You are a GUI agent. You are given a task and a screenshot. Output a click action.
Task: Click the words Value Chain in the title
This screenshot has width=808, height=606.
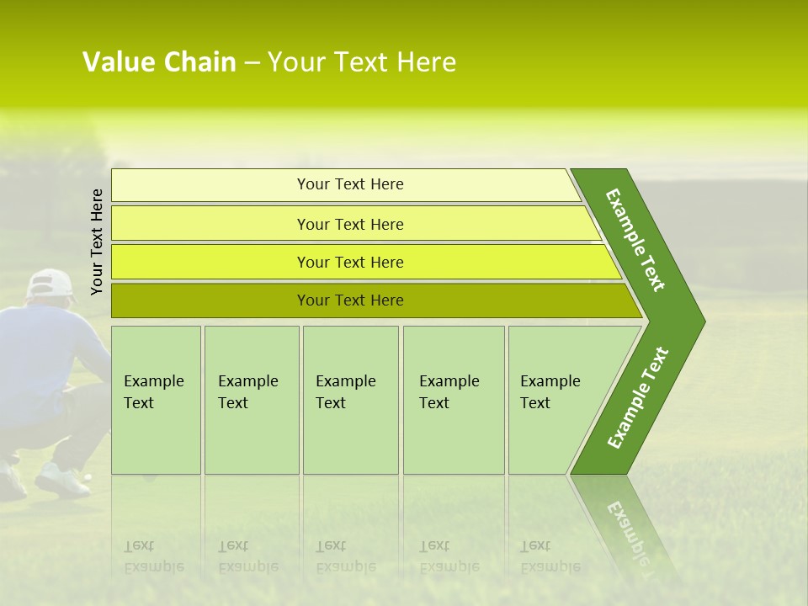[x=159, y=62]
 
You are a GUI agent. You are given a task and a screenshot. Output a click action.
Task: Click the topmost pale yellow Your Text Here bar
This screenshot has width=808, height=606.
[x=350, y=184]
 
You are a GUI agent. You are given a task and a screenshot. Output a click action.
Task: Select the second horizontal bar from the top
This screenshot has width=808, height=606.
[x=350, y=224]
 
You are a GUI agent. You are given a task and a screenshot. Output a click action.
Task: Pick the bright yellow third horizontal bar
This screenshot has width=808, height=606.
[x=350, y=262]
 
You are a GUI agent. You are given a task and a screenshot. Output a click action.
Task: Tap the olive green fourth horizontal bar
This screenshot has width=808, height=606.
[x=350, y=300]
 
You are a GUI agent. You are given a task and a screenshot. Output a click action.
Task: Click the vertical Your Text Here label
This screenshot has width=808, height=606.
[x=97, y=242]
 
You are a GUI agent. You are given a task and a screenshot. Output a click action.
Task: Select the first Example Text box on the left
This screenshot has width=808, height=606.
[x=156, y=400]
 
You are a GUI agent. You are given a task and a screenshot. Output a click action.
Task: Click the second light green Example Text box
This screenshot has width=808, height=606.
[x=251, y=400]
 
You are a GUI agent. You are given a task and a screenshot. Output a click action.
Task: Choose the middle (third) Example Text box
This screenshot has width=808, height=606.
[x=350, y=400]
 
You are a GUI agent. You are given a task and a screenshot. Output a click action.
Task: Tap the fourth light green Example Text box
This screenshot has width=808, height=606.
[x=453, y=400]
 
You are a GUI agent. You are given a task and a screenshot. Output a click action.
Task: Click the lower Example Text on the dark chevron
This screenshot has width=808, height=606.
[x=637, y=398]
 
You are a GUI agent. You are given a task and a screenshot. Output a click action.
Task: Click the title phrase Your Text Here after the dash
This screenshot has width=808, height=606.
[x=362, y=62]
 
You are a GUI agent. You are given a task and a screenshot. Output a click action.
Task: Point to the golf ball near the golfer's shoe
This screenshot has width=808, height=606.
[x=88, y=477]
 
